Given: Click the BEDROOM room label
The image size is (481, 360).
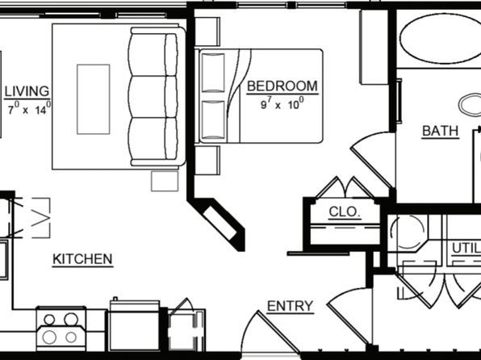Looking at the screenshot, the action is tap(282, 86).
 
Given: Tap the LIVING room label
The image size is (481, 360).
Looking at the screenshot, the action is tap(27, 91).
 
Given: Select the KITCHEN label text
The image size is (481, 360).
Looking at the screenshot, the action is tap(82, 259).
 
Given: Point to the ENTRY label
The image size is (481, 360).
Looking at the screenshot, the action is tap(291, 306).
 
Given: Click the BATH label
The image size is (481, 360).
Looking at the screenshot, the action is tap(440, 131).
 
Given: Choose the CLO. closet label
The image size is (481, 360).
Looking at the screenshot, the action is tap(344, 211).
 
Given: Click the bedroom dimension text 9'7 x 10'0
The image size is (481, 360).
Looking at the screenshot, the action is tap(282, 103).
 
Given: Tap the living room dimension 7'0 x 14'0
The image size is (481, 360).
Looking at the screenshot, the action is tap(29, 108).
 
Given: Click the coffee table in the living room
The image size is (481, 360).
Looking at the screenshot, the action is tap(94, 99).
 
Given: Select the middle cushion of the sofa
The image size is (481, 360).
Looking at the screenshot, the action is tap(153, 97).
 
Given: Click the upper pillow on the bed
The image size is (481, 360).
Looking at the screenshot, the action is tap(213, 73).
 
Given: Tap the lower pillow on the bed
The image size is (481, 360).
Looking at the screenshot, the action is tap(213, 120).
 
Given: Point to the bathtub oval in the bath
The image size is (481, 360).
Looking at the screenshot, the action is tap(441, 39).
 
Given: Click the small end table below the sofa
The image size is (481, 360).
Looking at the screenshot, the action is tap(165, 181).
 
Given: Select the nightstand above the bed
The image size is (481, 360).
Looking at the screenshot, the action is tap(207, 31).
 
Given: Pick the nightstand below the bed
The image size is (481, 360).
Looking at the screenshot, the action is tap(207, 160).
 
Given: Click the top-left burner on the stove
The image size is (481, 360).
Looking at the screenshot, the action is tap(49, 320).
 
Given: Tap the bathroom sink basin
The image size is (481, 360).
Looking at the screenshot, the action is tap(470, 105).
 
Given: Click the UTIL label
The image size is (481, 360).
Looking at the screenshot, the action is tap(466, 249).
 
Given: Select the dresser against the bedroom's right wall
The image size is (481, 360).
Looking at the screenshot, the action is tap(374, 47).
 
